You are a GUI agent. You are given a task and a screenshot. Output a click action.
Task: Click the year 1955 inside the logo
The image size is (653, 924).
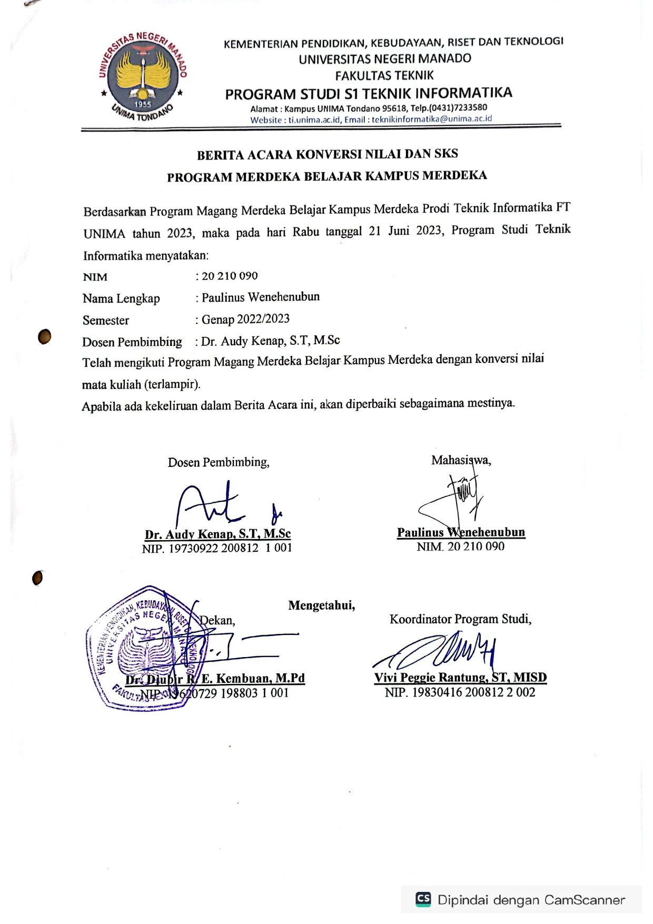pos(143,104)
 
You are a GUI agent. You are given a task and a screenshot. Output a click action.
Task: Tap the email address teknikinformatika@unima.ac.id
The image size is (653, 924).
pos(432,119)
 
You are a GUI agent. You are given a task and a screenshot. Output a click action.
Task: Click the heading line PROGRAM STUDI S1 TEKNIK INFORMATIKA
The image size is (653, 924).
pos(369,94)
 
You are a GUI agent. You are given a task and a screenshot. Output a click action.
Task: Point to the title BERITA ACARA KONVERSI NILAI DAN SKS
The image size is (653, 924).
pos(327,154)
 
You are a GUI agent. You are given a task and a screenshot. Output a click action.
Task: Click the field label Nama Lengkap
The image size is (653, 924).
pos(121,299)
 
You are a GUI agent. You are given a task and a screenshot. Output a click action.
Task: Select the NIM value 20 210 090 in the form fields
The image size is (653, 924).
pos(230,276)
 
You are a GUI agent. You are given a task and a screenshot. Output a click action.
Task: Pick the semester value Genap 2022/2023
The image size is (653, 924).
pos(245,319)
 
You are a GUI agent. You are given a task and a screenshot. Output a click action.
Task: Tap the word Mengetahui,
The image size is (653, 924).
pos(321,605)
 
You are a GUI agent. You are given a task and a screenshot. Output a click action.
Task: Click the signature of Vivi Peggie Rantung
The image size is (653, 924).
pos(442,653)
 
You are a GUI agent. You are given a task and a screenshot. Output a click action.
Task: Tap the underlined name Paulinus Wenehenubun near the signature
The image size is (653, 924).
pos(461,532)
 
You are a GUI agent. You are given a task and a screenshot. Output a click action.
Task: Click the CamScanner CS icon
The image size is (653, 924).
pos(423,899)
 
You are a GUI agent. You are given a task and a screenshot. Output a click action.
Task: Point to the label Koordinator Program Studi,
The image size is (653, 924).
pos(460,619)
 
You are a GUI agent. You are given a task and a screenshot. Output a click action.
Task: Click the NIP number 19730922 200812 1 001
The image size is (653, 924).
pos(230,548)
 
